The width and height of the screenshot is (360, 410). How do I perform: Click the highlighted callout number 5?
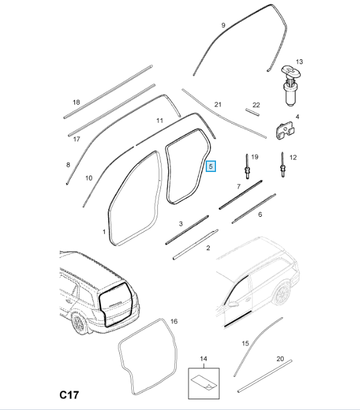[211, 167]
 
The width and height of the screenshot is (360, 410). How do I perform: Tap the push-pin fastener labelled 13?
[291, 86]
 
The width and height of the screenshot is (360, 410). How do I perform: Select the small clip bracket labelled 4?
[285, 131]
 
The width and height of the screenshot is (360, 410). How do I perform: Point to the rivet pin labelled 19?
[247, 167]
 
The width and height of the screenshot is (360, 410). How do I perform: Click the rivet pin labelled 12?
[283, 165]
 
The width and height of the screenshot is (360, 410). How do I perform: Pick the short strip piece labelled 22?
[252, 112]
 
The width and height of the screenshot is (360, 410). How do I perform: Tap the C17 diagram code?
[69, 395]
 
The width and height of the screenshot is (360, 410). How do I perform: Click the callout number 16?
[174, 321]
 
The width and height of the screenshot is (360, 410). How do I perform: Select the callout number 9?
[223, 25]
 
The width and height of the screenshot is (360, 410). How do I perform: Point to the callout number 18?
[76, 102]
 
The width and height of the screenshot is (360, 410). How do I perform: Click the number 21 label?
[218, 105]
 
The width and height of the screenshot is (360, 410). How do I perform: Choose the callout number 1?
[104, 232]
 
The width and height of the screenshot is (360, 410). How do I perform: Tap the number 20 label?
[280, 359]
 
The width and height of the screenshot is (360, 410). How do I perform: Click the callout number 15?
[245, 343]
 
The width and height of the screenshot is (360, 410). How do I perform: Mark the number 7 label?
[238, 187]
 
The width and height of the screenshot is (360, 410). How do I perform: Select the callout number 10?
[89, 178]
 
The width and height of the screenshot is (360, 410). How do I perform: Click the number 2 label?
[208, 248]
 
